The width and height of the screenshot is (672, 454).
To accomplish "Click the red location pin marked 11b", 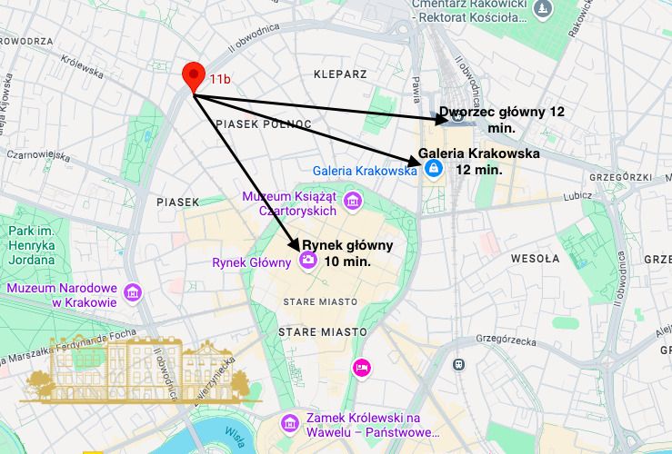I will [193, 76].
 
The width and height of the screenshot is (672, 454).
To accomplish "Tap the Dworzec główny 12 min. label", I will [502, 120].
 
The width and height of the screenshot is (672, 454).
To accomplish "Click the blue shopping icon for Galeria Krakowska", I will [434, 169].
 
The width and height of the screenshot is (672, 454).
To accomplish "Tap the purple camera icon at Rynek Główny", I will [308, 262].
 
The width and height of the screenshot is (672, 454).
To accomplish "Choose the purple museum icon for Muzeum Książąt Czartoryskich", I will [353, 201].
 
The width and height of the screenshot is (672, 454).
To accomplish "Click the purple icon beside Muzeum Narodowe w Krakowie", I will [134, 292].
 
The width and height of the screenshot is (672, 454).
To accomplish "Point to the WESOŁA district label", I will [535, 259].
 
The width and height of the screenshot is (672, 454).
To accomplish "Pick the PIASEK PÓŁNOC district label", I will [264, 123].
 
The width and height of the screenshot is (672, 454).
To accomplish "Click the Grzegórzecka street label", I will [514, 341].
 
